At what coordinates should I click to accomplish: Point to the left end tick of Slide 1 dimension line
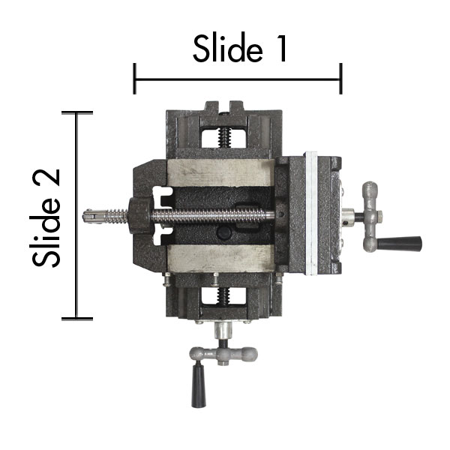pos(134,78)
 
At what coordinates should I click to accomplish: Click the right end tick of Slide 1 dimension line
pos(341,78)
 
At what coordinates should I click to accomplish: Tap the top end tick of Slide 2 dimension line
pos(77,112)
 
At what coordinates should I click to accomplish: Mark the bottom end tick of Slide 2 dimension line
pos(77,319)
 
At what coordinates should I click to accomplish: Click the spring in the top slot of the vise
pos(223,137)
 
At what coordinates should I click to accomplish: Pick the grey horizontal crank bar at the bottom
pos(223,353)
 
